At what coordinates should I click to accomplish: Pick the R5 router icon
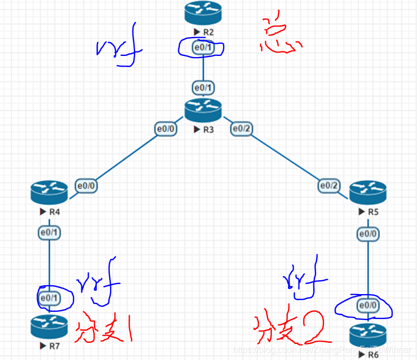click(x=368, y=191)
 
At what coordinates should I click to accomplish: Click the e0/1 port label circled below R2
click(x=203, y=48)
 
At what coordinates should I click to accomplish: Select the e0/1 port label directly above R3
click(x=203, y=88)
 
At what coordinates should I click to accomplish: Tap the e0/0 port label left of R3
click(x=166, y=128)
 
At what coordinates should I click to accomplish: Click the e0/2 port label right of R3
click(x=242, y=128)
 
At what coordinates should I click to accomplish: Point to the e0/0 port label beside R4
click(x=87, y=186)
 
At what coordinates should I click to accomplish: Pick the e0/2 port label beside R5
click(x=330, y=186)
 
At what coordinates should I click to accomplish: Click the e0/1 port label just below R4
click(x=49, y=233)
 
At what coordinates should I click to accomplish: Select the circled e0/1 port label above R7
click(x=49, y=298)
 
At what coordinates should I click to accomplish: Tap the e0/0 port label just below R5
click(x=368, y=234)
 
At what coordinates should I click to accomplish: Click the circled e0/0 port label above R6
click(x=368, y=305)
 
